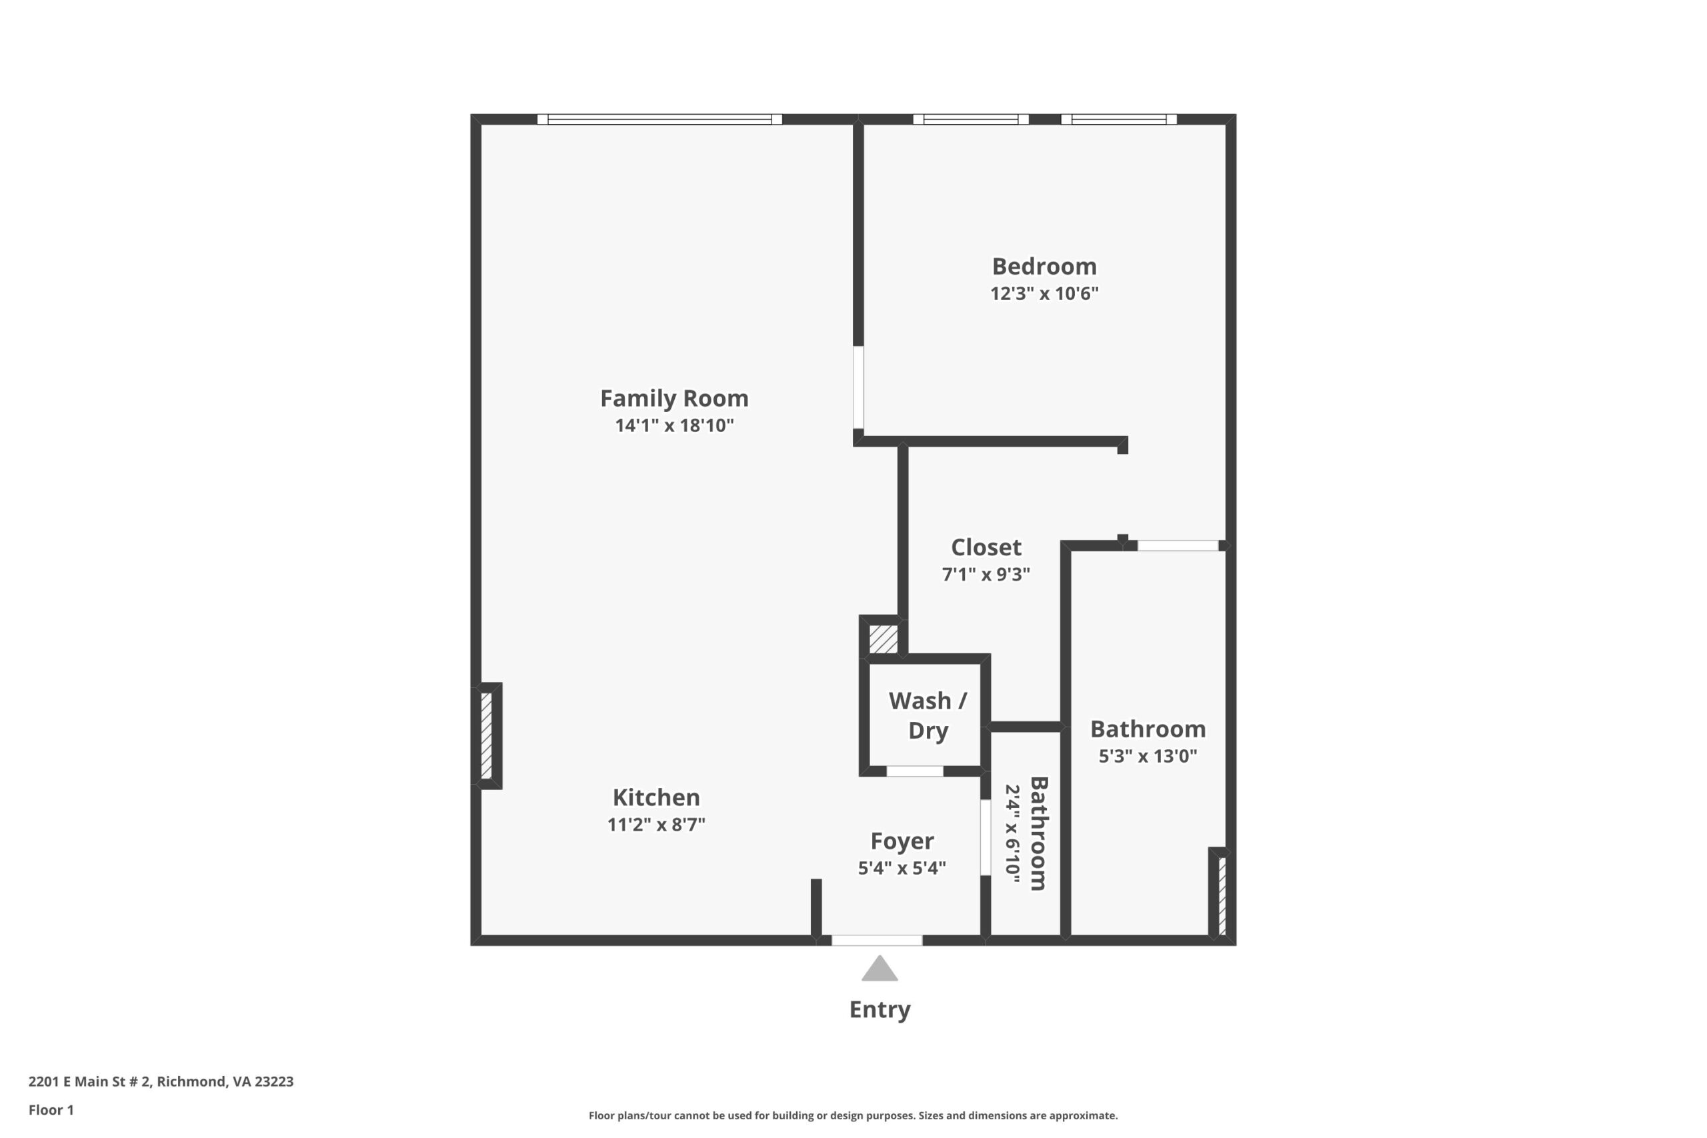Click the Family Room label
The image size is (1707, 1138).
click(x=673, y=398)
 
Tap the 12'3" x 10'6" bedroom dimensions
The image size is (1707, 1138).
click(x=1044, y=293)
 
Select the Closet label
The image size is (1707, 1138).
click(x=986, y=547)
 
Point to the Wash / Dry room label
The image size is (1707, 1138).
click(x=928, y=715)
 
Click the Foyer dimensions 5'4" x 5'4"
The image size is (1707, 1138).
click(x=902, y=868)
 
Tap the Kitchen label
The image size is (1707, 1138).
click(x=656, y=797)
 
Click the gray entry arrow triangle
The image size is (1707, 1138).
click(x=880, y=969)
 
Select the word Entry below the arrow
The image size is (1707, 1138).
click(x=880, y=1009)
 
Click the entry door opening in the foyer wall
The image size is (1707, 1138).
click(x=877, y=941)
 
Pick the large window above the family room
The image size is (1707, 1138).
click(x=659, y=120)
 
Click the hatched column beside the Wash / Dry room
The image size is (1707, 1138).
click(x=884, y=639)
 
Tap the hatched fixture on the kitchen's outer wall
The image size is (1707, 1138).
click(x=486, y=736)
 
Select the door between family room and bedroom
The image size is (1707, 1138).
click(x=858, y=387)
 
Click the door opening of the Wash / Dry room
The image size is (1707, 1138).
click(x=914, y=771)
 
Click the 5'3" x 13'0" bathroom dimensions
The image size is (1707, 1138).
click(x=1148, y=756)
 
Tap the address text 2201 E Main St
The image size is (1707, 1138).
click(x=161, y=1081)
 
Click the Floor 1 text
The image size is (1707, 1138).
click(x=51, y=1110)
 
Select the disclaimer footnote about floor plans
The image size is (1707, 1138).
click(x=853, y=1115)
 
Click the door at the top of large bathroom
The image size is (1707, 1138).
click(x=1177, y=546)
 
